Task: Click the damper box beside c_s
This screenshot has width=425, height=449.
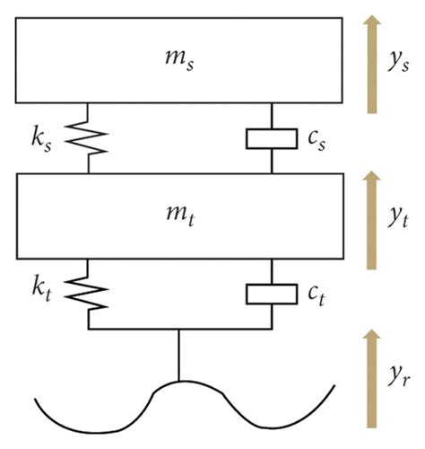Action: click(x=271, y=138)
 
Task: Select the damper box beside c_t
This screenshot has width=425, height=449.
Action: click(x=271, y=292)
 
